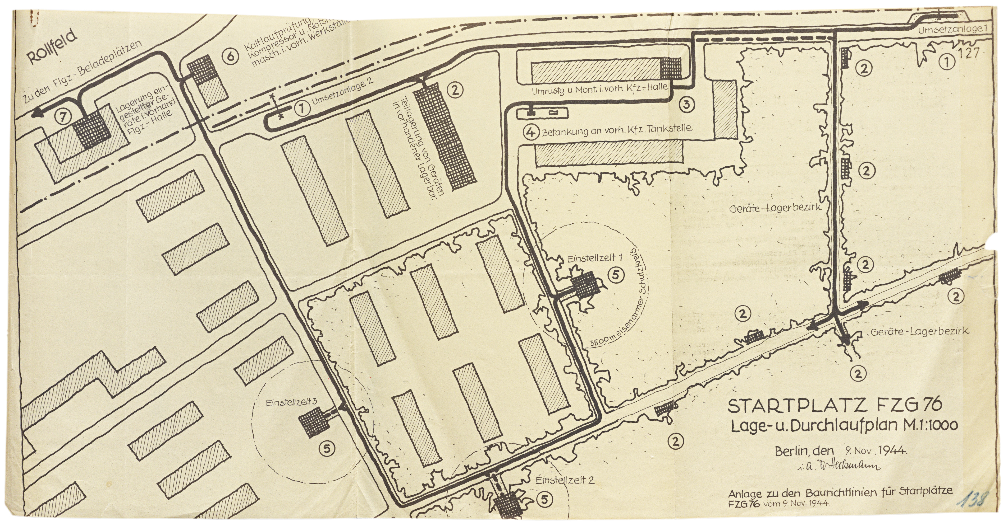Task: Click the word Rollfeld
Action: tap(52, 50)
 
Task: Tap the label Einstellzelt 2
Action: tap(565, 480)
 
